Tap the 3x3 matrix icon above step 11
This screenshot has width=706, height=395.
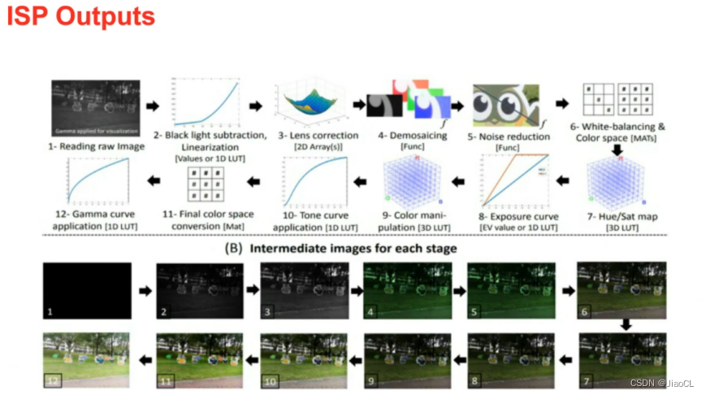[206, 184]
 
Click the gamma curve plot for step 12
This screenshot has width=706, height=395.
[100, 180]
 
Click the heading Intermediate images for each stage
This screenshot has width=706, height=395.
[353, 248]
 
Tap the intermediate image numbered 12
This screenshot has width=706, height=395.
[87, 358]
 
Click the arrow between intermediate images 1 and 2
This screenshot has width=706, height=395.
[143, 289]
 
